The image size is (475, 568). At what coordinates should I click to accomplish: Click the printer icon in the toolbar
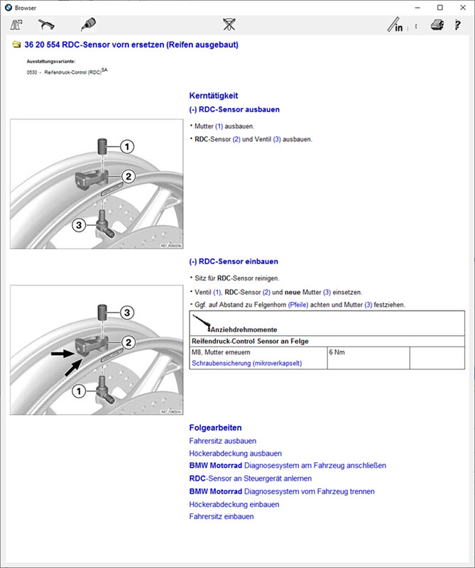[437, 26]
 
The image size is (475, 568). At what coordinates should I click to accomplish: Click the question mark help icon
[458, 26]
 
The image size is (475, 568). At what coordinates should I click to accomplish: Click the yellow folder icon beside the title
[16, 45]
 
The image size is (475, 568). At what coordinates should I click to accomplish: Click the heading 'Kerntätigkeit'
[214, 95]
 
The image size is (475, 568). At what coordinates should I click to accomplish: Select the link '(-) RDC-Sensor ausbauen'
[234, 110]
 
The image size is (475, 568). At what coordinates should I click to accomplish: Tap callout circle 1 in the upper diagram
[126, 147]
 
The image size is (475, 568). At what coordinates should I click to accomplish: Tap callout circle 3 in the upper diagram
[80, 225]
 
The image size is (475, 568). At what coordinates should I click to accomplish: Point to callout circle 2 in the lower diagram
[128, 342]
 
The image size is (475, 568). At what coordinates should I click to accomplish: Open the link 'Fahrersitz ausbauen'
[222, 441]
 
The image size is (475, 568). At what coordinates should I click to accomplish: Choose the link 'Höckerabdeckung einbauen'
[234, 504]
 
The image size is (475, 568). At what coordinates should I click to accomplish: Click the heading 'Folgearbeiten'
[215, 427]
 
